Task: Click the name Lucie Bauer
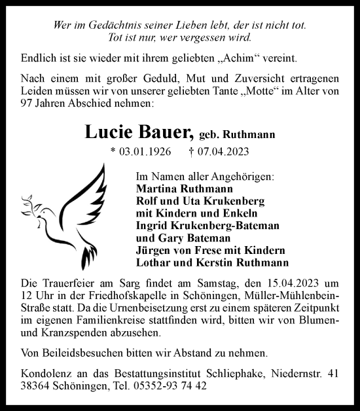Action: click(x=139, y=132)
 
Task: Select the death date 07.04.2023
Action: click(x=219, y=152)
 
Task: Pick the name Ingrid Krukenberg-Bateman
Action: click(x=207, y=226)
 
